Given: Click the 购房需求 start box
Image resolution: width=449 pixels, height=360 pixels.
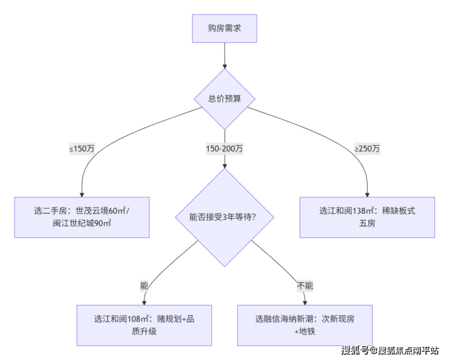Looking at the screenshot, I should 224,29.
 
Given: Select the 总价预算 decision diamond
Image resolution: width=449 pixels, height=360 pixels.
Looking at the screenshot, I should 224,98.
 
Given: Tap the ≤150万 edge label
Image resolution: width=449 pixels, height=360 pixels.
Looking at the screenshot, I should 81,148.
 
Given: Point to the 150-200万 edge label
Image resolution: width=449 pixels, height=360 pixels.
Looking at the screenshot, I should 224,148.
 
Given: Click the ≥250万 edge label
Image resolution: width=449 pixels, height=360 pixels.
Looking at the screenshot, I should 367,148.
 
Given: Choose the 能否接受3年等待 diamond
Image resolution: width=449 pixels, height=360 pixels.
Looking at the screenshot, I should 224,216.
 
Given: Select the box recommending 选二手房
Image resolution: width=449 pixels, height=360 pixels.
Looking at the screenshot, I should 82,217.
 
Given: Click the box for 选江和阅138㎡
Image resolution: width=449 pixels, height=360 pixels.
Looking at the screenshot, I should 367,217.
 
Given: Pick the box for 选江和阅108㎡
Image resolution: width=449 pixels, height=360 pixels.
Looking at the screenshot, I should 144,325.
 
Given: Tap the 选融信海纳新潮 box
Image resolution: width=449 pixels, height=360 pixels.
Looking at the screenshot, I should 305,325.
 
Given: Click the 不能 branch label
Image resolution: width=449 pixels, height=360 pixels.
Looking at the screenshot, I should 305,285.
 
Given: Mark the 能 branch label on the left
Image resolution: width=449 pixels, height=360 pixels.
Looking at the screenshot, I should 144,285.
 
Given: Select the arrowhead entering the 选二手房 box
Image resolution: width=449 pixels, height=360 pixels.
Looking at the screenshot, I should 82,193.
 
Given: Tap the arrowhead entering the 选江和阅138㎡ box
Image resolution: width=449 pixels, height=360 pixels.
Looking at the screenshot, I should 367,193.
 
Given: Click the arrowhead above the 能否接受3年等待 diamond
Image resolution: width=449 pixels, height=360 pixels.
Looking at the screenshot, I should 224,165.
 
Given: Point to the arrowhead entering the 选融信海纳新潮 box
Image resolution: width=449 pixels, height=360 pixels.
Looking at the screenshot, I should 305,301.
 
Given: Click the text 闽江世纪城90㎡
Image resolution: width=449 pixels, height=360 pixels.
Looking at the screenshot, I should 82,223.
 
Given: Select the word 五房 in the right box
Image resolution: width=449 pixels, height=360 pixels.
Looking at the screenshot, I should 367,223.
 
